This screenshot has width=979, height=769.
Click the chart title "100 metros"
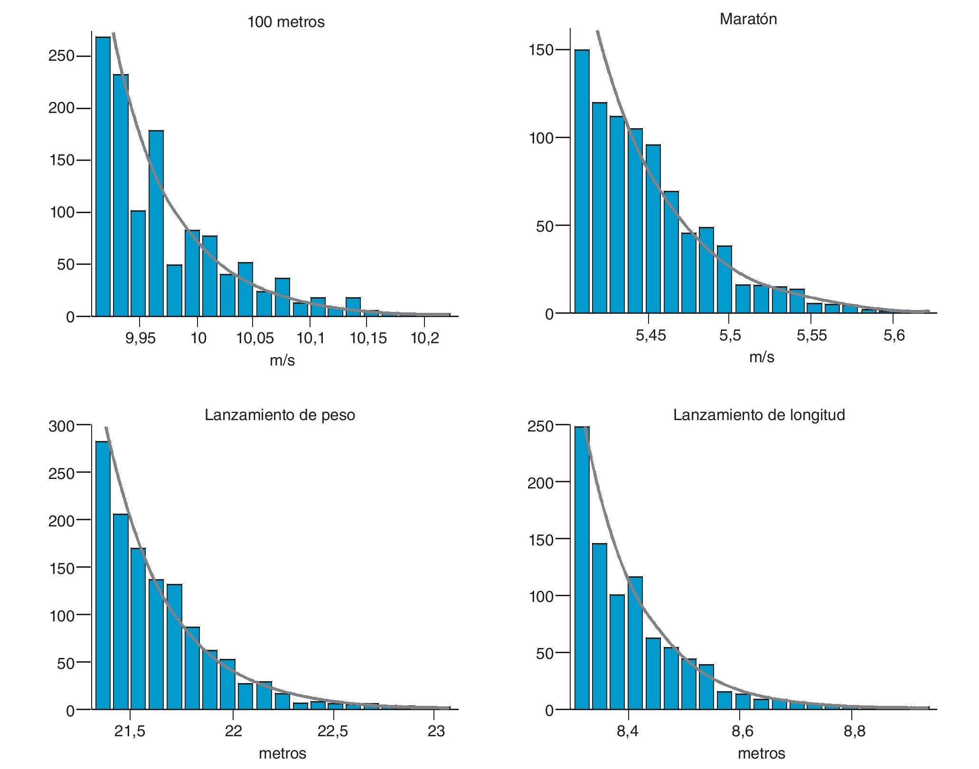286,22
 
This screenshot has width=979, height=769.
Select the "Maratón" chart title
748,19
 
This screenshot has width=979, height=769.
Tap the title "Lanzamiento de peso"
280,415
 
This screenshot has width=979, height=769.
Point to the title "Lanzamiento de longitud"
759,415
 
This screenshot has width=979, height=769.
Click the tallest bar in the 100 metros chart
103,176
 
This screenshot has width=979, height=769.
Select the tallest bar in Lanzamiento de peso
103,574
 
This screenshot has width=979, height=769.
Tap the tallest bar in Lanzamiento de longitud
582,567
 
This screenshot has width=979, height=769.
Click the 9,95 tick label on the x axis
140,338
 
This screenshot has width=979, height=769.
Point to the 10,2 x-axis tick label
424,338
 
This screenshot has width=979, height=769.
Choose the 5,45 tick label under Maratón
650,336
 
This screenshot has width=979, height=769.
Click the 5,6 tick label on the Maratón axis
894,336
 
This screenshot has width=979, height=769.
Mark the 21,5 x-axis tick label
130,731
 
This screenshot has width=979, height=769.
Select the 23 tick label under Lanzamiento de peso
436,731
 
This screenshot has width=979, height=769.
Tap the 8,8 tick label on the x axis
854,731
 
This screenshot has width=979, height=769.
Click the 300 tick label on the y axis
61,426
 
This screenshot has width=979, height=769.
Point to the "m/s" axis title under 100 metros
282,361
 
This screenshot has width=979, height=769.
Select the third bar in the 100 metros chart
138,263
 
